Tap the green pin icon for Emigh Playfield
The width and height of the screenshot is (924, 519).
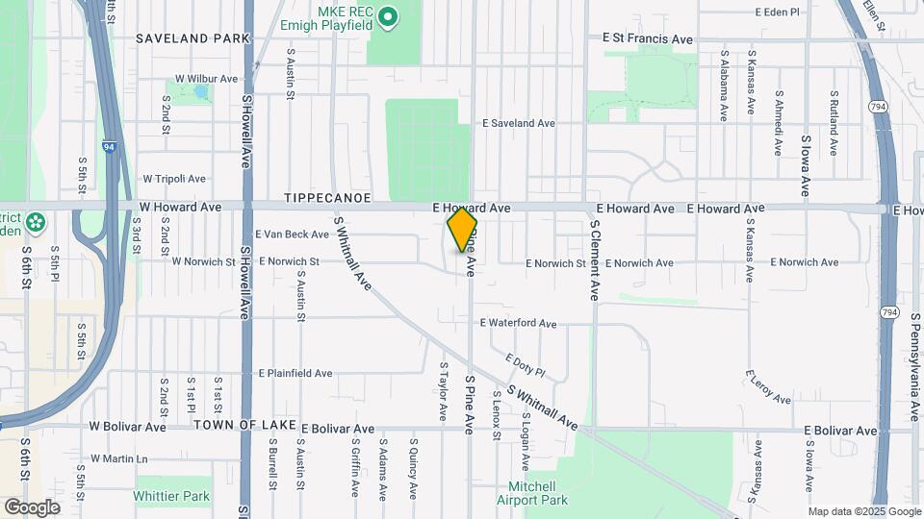(388, 16)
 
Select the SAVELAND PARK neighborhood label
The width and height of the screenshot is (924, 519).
(192, 38)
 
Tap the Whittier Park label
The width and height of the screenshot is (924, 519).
(172, 497)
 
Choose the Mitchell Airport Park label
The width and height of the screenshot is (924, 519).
(532, 493)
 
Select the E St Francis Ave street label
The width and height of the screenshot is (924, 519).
(648, 39)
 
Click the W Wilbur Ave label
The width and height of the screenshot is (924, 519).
(205, 79)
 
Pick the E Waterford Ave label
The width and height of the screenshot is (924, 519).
(518, 324)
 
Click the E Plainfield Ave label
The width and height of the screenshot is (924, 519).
(295, 374)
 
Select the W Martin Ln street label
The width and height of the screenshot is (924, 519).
(119, 459)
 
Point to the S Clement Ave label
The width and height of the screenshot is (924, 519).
(595, 259)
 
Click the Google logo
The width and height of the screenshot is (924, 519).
(32, 507)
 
